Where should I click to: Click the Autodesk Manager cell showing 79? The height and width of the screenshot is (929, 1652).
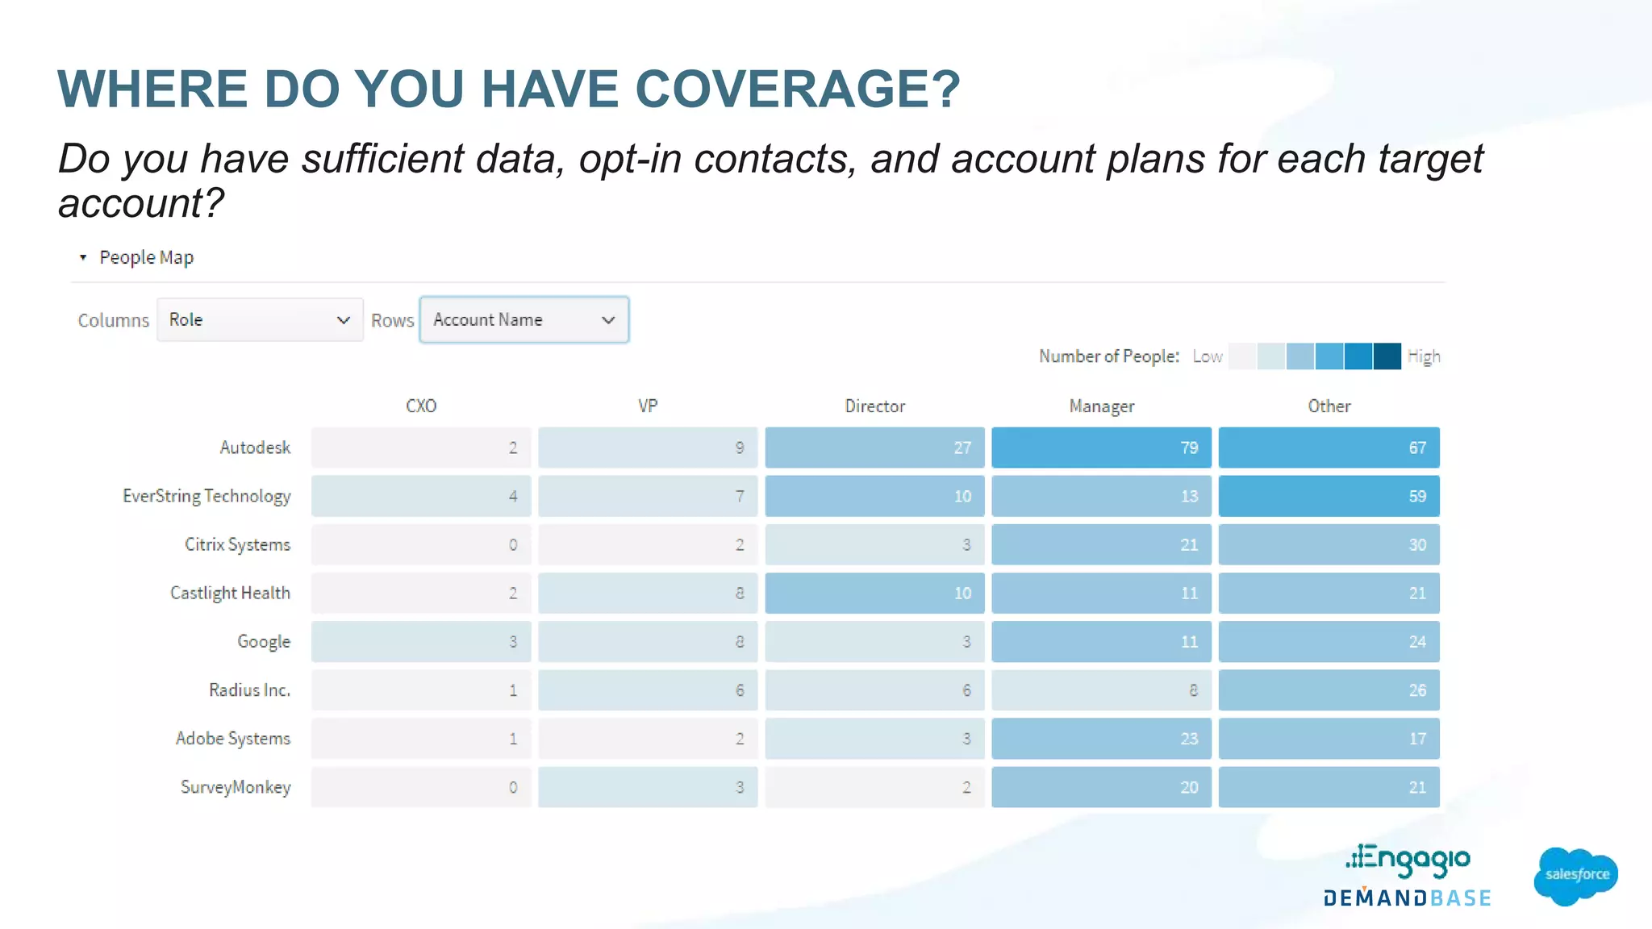click(x=1101, y=448)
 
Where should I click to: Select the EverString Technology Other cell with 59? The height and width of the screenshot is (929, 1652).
click(x=1329, y=496)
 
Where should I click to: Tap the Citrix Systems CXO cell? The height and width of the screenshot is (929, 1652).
click(x=421, y=544)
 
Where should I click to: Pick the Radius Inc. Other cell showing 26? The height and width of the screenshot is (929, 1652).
click(x=1329, y=690)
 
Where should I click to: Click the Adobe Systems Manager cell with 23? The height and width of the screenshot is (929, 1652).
click(x=1101, y=739)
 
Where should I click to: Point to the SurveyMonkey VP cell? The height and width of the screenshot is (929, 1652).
click(x=648, y=787)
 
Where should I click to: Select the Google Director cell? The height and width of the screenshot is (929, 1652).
click(x=874, y=642)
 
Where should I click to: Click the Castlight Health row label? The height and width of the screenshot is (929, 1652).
click(x=230, y=594)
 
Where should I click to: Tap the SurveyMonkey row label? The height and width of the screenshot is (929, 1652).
click(x=236, y=787)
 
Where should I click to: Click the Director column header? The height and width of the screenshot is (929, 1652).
click(x=874, y=406)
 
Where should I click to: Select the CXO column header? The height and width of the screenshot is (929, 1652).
click(x=421, y=406)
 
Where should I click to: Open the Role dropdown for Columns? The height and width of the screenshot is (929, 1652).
click(x=260, y=320)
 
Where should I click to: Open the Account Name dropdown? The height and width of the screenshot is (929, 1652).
click(x=524, y=320)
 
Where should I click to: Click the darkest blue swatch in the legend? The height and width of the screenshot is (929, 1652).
click(x=1387, y=356)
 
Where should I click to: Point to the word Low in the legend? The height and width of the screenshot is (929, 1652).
click(x=1208, y=356)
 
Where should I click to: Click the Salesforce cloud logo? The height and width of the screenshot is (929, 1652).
click(x=1576, y=875)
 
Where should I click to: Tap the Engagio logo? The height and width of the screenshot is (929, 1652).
click(x=1408, y=860)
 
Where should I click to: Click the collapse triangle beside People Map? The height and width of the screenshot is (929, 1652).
click(x=83, y=257)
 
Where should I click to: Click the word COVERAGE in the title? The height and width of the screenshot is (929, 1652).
click(x=797, y=89)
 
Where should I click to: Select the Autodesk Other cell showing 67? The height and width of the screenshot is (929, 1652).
click(x=1329, y=448)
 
